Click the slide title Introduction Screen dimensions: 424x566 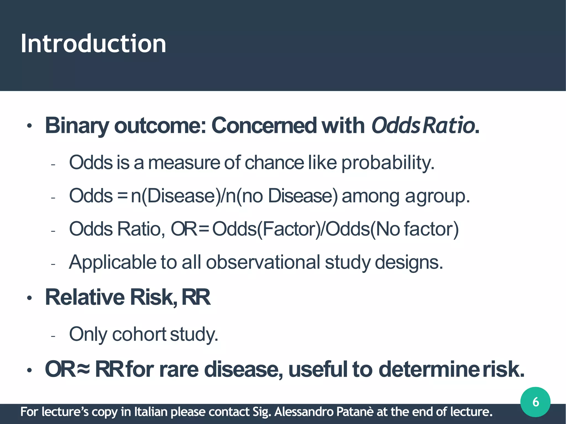[93, 44]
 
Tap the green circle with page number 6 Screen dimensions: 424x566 [535, 402]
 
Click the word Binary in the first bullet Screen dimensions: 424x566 [77, 126]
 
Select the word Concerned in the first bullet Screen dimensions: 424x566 [264, 125]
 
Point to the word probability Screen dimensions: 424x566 [388, 163]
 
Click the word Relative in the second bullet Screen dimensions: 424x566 [85, 297]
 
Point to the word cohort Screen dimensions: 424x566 [139, 334]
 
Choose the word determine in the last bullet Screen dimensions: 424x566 [429, 369]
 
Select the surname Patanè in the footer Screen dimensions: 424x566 [355, 412]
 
